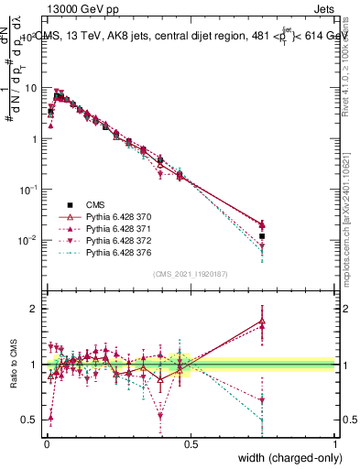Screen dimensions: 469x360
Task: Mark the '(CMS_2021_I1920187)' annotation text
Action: coord(191,274)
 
